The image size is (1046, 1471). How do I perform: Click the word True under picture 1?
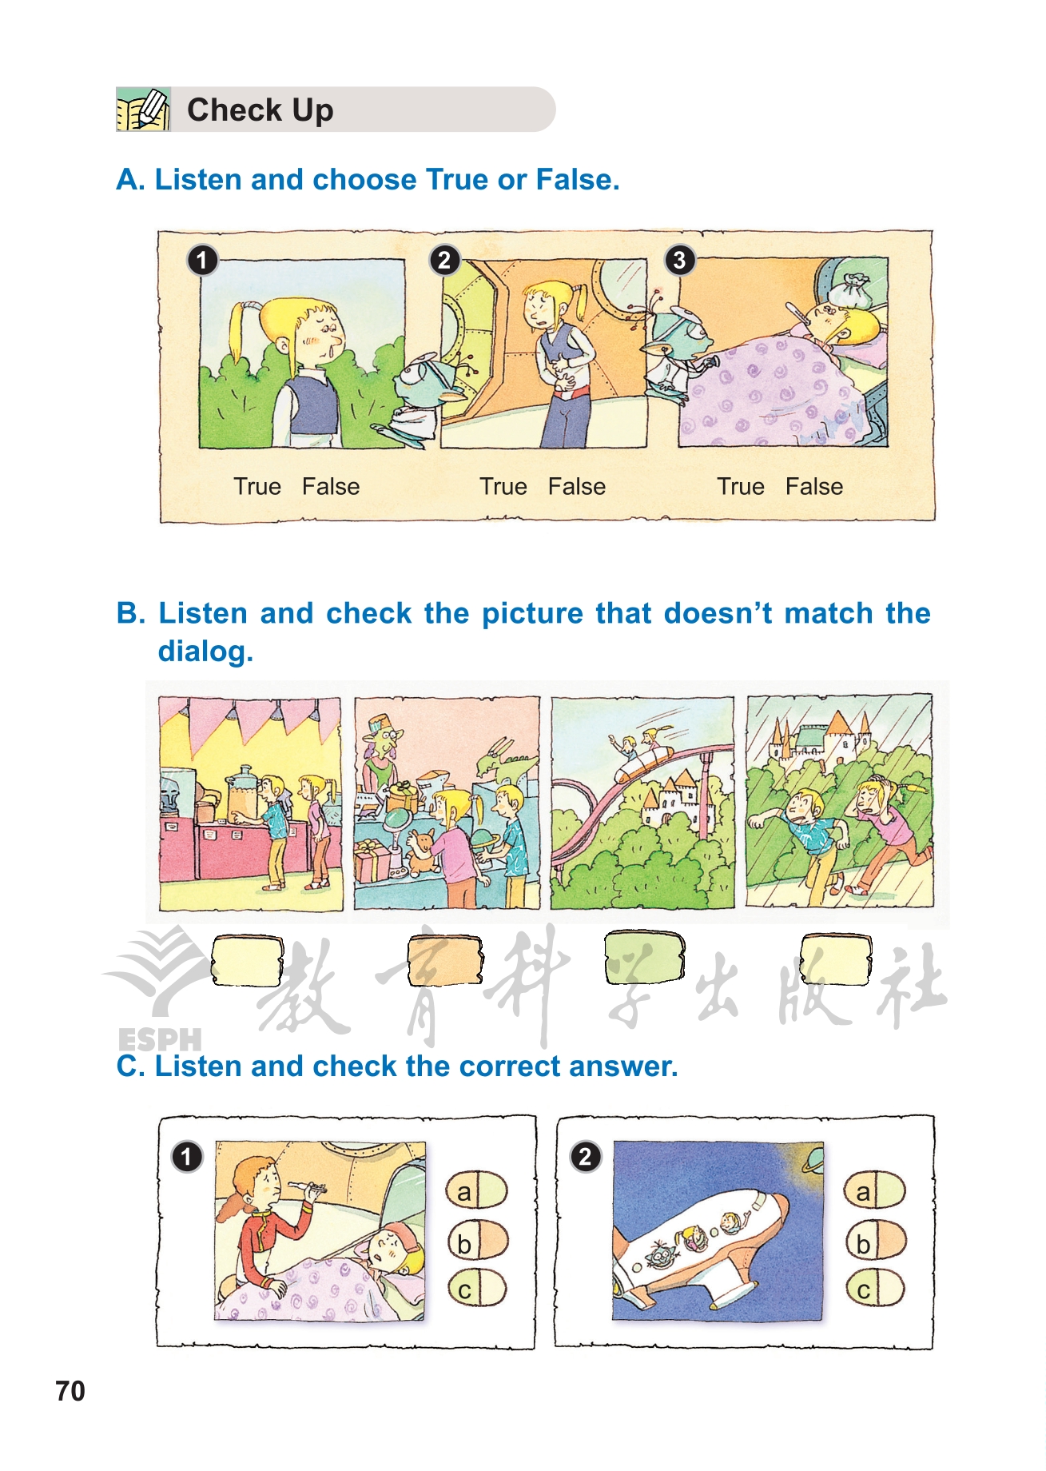[x=257, y=486]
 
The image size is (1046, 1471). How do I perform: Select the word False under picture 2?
[x=576, y=486]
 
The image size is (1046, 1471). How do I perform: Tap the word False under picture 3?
[x=813, y=486]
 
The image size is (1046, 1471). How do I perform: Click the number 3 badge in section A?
[x=679, y=260]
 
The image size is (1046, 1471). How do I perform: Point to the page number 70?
[x=70, y=1391]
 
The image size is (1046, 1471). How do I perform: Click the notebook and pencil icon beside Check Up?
[x=143, y=110]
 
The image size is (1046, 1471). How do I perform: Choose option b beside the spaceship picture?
[x=875, y=1240]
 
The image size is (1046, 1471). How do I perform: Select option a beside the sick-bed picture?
[x=477, y=1190]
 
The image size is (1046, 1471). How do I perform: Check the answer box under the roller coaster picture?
[x=644, y=957]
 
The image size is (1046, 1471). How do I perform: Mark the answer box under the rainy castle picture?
[x=836, y=959]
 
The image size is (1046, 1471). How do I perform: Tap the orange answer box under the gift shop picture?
[x=445, y=959]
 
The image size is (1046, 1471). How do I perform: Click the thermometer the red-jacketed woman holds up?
[x=307, y=1189]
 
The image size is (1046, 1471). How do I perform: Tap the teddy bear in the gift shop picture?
[x=421, y=851]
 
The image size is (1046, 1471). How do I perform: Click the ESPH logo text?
[x=160, y=1038]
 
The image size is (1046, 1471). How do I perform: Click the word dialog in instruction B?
[x=205, y=652]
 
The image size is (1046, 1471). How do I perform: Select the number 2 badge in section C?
[x=585, y=1156]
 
